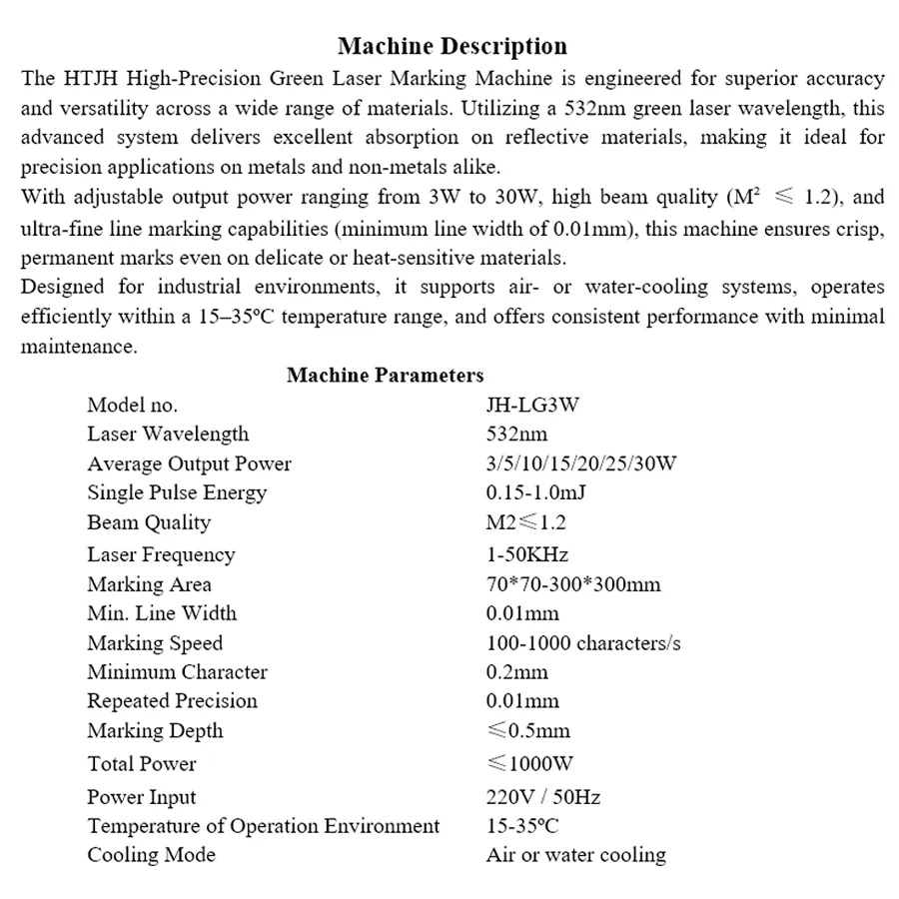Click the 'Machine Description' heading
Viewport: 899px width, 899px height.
point(451,46)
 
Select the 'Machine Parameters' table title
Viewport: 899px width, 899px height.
point(385,376)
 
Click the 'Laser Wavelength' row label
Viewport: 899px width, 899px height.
point(168,435)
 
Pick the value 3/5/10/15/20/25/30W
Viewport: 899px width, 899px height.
point(581,463)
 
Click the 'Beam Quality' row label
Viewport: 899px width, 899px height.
point(149,522)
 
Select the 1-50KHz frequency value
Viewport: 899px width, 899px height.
point(527,554)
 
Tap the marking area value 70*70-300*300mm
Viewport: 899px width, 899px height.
point(573,584)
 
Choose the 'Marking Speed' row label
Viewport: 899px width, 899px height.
point(155,643)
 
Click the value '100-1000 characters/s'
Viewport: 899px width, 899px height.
point(583,643)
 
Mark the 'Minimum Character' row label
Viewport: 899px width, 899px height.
point(177,672)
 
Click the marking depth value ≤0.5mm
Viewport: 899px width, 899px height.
point(528,731)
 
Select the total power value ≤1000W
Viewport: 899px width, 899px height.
point(530,764)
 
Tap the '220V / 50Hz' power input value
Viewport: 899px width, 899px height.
point(542,797)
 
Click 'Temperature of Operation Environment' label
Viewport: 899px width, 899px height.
point(263,826)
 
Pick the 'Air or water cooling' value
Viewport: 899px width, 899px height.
point(575,855)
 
